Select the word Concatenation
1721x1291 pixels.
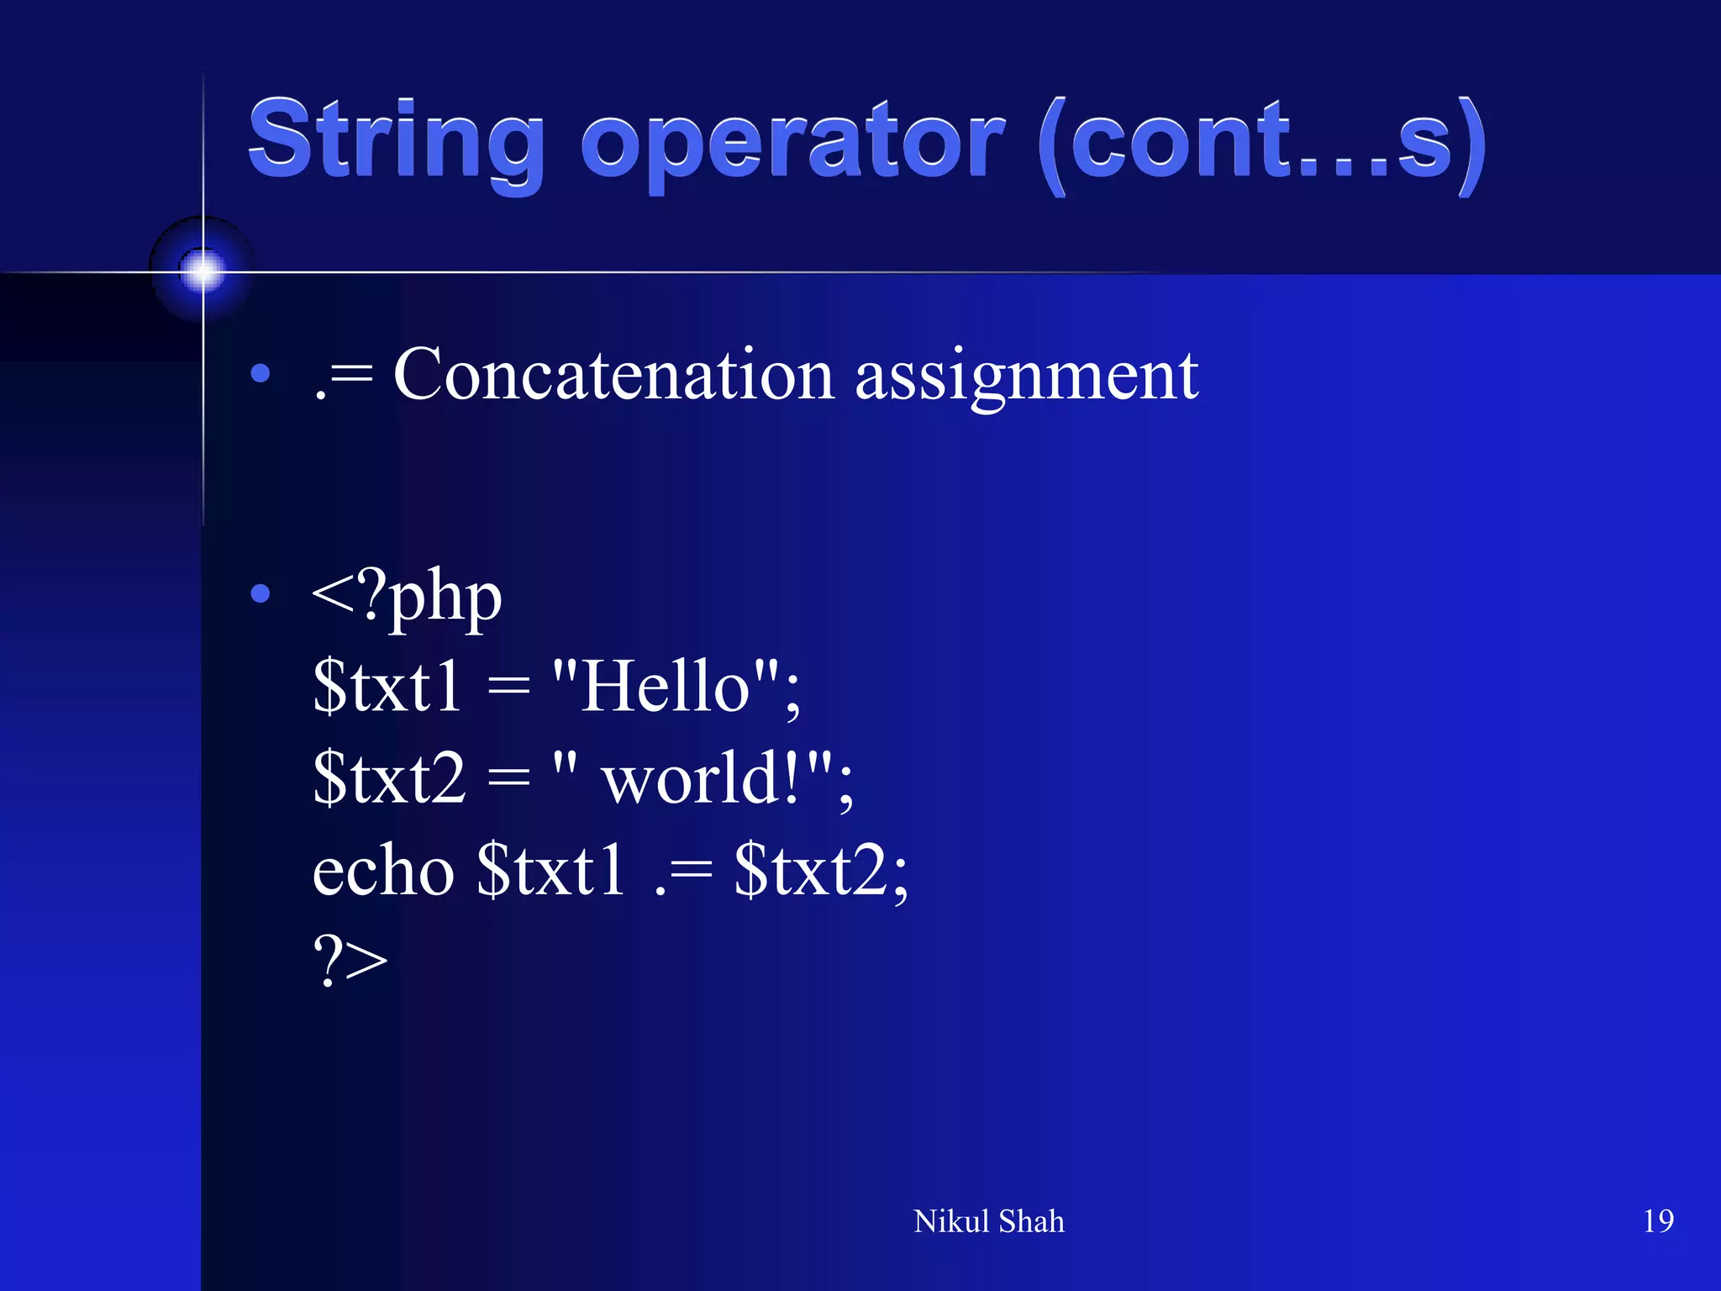[x=613, y=375]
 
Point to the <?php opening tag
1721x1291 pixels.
[x=407, y=597]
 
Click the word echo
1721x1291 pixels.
[x=383, y=871]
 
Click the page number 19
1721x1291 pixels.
[x=1658, y=1220]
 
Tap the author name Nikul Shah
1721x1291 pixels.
[x=988, y=1221]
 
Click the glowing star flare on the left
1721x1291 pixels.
[x=203, y=271]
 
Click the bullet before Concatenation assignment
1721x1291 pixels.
[x=261, y=373]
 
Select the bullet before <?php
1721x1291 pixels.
[x=261, y=594]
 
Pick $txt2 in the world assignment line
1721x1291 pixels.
[x=389, y=778]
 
